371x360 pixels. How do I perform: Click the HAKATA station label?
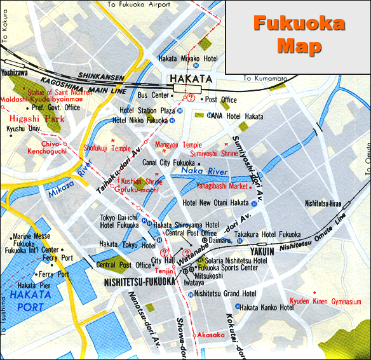(x=191, y=79)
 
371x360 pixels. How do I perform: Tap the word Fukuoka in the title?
(x=299, y=24)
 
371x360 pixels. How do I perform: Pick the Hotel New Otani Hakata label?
(x=215, y=203)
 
